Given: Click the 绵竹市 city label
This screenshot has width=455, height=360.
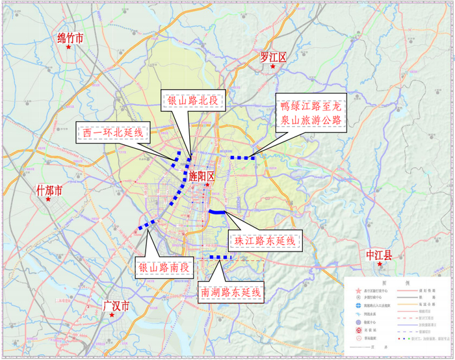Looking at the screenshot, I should coord(70,38).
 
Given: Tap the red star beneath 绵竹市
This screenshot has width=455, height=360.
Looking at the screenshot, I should coord(68,47).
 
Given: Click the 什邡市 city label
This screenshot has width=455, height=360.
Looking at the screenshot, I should coord(49,190).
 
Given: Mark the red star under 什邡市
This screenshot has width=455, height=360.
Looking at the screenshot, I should coord(47,200).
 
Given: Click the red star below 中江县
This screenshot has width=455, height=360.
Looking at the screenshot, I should coord(380,264).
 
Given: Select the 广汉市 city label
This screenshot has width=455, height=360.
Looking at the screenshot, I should coord(117,305).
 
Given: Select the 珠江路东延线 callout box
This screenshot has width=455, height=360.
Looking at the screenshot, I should coord(266,241).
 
